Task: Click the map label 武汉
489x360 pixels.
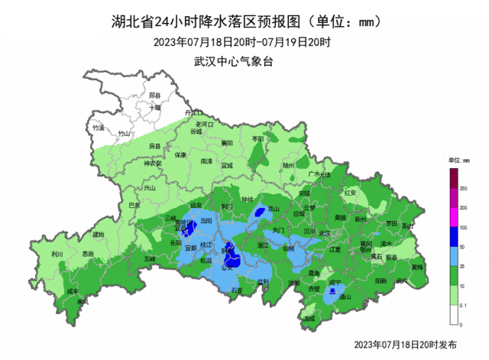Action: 325,232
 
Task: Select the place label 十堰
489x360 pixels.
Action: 156,108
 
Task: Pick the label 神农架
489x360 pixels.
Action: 153,163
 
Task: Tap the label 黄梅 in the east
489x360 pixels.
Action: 416,268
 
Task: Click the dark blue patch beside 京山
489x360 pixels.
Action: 260,211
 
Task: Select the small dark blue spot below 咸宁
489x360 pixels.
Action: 332,290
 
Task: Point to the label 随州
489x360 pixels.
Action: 287,164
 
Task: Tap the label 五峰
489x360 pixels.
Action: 148,258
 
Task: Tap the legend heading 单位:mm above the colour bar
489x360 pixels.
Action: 458,161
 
